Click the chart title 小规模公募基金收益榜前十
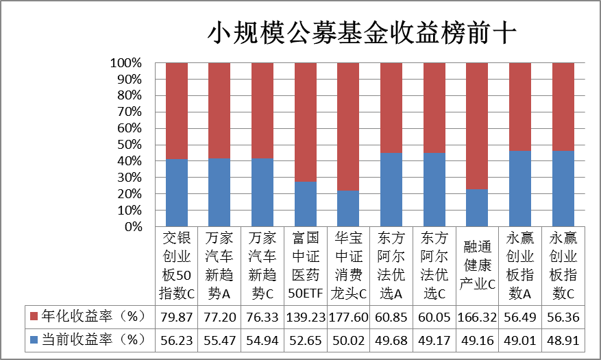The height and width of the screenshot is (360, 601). (362, 32)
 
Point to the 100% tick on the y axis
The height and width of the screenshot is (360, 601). (125, 63)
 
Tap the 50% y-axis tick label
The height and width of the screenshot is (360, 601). (130, 145)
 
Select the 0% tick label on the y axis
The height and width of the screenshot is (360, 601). (134, 226)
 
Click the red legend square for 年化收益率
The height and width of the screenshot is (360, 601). (34, 316)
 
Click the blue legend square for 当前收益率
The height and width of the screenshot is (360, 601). (34, 339)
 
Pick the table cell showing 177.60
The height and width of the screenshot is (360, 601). (348, 317)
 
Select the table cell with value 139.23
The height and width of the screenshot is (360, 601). (306, 317)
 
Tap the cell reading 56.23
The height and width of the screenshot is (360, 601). (176, 340)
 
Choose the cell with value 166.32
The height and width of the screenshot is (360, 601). (477, 317)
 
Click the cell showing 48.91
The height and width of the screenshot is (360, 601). (563, 340)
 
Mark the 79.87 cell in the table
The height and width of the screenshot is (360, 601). (176, 317)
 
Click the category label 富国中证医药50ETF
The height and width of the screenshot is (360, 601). (306, 265)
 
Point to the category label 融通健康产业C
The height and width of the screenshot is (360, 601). (477, 265)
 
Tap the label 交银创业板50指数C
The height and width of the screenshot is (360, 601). (177, 265)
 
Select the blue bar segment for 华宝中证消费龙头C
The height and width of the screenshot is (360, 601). (348, 208)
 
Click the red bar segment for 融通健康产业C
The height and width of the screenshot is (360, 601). (477, 126)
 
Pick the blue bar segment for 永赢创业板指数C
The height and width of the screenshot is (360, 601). (563, 189)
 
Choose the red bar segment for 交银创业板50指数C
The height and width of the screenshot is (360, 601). (177, 111)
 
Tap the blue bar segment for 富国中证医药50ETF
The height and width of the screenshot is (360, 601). (306, 204)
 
